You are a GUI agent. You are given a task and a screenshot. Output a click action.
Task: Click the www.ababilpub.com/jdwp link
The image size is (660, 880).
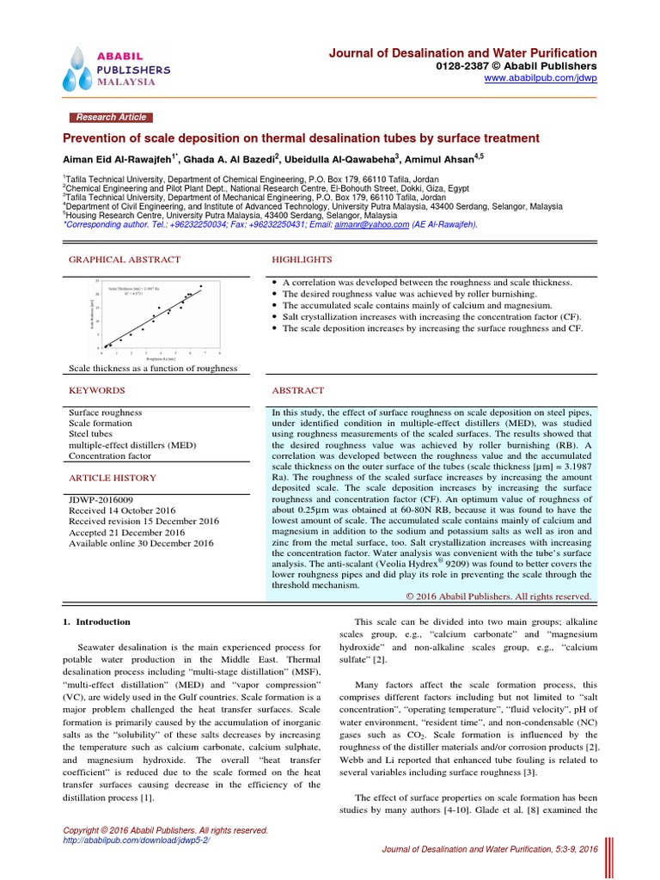pyautogui.click(x=541, y=78)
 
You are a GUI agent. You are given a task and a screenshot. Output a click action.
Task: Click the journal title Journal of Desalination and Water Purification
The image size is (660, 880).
pyautogui.click(x=463, y=52)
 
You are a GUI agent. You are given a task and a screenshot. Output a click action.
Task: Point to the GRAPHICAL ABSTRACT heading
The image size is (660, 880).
pyautogui.click(x=125, y=259)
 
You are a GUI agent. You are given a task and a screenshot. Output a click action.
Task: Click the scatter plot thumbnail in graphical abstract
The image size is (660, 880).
pyautogui.click(x=155, y=317)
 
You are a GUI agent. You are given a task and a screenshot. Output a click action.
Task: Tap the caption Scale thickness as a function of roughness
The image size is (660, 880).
pyautogui.click(x=153, y=368)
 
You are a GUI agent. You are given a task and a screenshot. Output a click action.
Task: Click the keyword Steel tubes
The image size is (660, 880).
pyautogui.click(x=92, y=434)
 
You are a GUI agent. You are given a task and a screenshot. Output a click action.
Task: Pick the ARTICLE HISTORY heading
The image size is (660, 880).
pyautogui.click(x=107, y=476)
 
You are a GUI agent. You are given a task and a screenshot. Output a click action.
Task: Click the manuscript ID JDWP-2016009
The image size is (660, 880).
pyautogui.click(x=101, y=498)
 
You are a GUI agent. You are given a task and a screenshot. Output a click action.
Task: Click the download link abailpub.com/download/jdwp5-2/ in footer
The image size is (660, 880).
pyautogui.click(x=137, y=840)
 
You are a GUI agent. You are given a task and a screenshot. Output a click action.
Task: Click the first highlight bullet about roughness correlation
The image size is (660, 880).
pyautogui.click(x=427, y=282)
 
